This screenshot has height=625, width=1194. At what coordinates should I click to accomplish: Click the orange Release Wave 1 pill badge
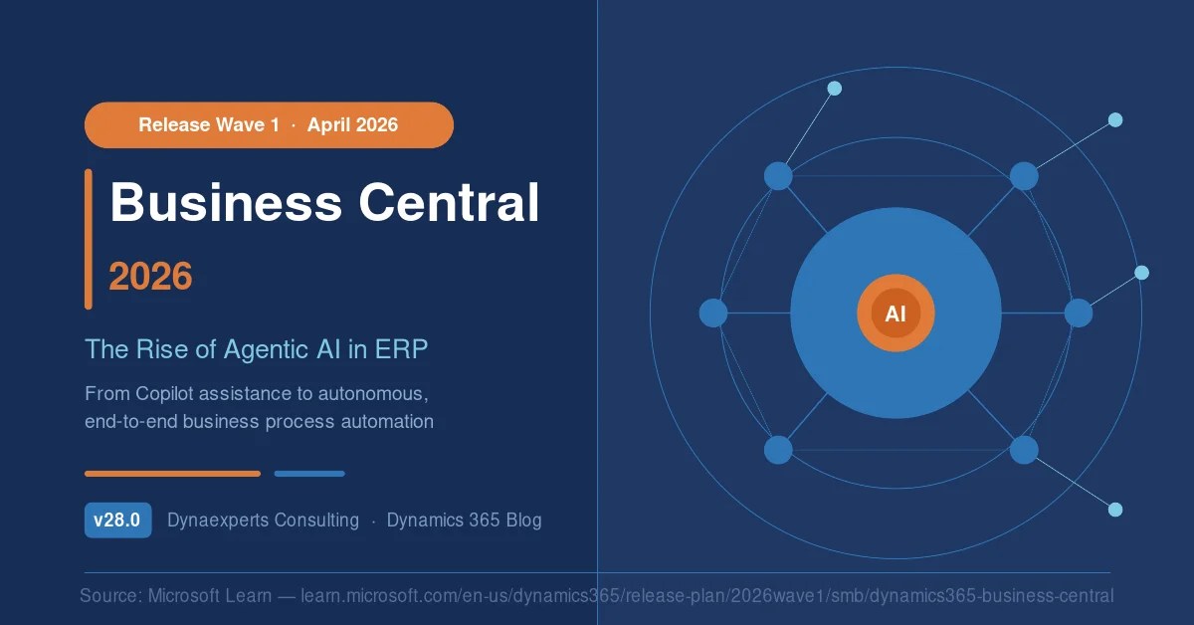270,124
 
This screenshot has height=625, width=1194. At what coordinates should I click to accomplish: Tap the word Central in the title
449,203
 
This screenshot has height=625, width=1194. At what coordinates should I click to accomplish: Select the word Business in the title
226,203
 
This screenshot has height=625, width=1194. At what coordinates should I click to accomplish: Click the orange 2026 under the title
150,277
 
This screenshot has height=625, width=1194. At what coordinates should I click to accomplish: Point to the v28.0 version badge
117,520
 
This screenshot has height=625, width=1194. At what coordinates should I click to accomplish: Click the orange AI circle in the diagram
895,313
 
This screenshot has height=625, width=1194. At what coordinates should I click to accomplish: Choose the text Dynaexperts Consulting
264,520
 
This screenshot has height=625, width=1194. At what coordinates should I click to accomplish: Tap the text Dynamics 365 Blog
465,520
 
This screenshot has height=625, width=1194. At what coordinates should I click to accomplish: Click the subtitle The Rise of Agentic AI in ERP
257,349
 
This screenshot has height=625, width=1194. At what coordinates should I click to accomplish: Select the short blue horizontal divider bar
309,474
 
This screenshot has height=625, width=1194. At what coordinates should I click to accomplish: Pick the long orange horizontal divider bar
173,474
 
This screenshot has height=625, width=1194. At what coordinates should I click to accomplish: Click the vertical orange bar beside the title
89,239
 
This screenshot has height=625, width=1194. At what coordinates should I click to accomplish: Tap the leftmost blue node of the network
713,313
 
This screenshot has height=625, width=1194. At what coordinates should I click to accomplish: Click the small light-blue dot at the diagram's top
835,89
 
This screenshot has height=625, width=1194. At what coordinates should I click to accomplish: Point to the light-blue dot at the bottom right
1115,510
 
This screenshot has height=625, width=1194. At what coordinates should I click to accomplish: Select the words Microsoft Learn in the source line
210,596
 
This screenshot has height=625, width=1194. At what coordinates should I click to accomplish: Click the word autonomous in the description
373,394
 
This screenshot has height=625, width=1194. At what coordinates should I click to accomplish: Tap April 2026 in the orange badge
352,124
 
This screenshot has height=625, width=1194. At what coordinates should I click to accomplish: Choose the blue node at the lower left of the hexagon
778,450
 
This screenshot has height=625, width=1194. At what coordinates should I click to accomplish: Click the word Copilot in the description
164,394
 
